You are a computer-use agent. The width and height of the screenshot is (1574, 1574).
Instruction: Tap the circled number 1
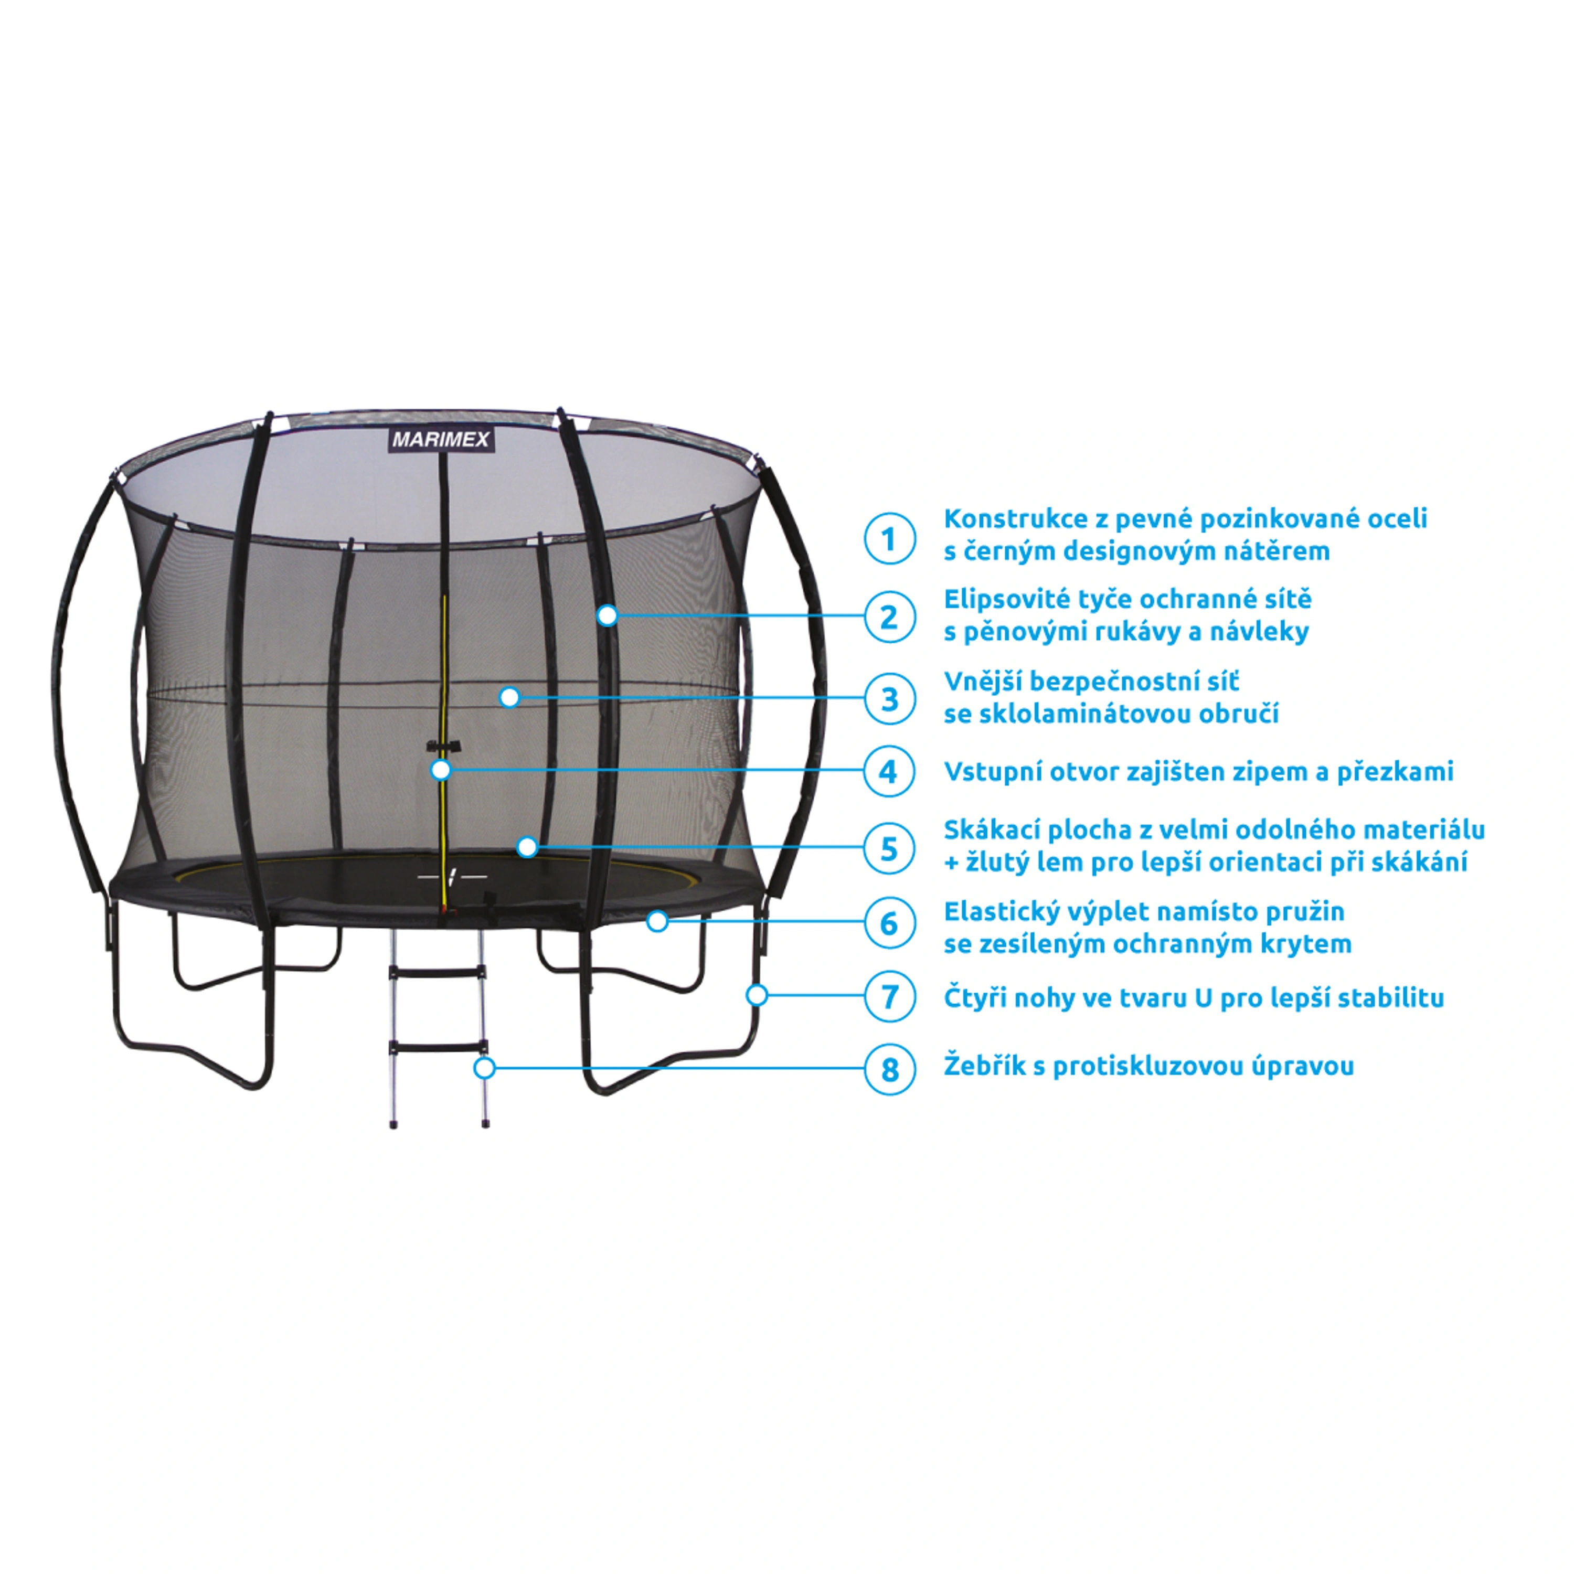pos(890,538)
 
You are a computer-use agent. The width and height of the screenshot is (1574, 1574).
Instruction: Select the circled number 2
pos(890,616)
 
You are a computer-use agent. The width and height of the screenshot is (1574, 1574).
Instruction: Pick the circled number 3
pos(890,698)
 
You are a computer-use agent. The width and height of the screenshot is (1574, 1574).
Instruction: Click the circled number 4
pos(890,771)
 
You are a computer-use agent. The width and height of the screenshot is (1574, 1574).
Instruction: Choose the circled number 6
pos(890,923)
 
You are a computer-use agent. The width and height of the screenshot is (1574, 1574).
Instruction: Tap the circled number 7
pos(890,996)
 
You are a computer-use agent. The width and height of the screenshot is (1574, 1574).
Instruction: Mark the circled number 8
pos(890,1068)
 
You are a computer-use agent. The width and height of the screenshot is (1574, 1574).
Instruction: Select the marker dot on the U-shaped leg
pos(757,995)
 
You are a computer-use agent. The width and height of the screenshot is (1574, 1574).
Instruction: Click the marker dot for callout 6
pos(657,921)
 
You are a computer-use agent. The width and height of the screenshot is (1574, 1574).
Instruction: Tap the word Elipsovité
pos(998,600)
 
